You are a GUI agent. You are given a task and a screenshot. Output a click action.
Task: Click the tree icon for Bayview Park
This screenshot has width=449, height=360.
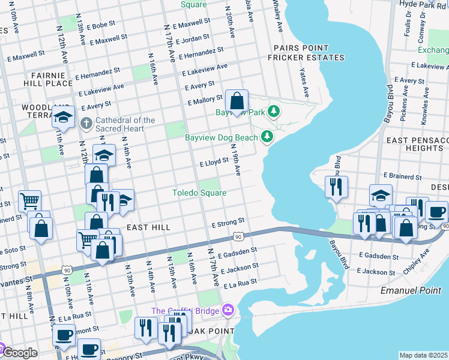274,112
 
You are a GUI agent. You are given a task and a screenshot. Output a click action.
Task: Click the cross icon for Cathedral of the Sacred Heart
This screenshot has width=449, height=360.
86,124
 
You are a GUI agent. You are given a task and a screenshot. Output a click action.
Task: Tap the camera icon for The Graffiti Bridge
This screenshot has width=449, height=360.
228,310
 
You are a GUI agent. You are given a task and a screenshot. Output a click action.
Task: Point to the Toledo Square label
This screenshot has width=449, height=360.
199,193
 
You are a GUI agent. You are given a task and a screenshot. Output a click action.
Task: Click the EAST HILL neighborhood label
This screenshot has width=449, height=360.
148,227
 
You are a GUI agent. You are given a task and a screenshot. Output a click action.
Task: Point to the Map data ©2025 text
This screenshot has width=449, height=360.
424,355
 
